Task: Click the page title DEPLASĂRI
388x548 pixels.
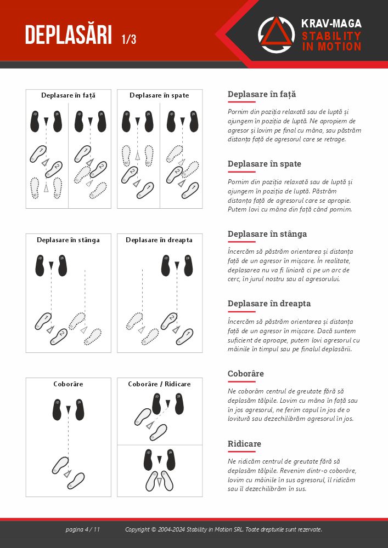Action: coord(69,35)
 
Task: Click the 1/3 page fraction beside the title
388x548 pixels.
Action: coord(129,39)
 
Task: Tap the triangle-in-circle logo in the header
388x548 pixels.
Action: coord(277,35)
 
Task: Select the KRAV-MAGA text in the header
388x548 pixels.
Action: coord(331,24)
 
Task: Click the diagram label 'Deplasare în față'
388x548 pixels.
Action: coord(68,95)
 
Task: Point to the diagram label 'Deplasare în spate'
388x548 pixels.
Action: coord(159,95)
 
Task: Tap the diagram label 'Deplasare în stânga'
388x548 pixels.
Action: coord(68,240)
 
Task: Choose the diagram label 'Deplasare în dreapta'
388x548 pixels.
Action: coord(159,240)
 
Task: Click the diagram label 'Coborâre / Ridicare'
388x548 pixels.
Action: coord(159,384)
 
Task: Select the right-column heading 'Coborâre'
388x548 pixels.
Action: coord(246,374)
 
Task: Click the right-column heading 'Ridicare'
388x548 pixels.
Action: coord(244,444)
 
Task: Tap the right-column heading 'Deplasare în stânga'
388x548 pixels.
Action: coord(267,234)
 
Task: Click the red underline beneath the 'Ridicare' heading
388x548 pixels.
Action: coord(241,452)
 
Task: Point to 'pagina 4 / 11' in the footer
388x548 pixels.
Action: coord(82,529)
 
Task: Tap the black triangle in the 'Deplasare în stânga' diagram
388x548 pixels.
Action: coord(51,265)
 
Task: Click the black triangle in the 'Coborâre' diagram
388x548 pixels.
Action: coord(68,409)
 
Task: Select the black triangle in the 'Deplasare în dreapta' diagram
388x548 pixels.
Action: coord(177,265)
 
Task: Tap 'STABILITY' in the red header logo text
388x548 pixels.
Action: coord(331,36)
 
